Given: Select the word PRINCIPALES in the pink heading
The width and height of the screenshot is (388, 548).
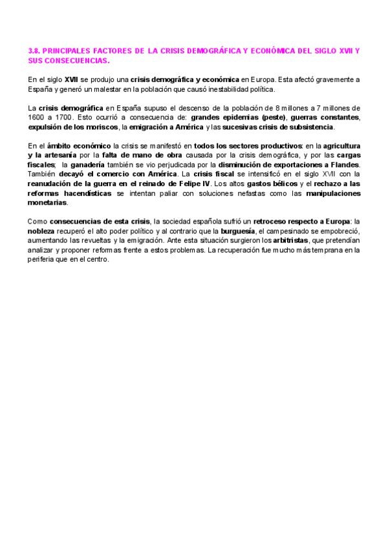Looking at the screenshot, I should coord(68,50).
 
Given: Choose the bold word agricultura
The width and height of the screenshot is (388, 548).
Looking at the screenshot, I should coord(341,147).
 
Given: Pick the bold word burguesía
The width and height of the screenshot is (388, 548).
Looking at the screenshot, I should coord(237,231).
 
